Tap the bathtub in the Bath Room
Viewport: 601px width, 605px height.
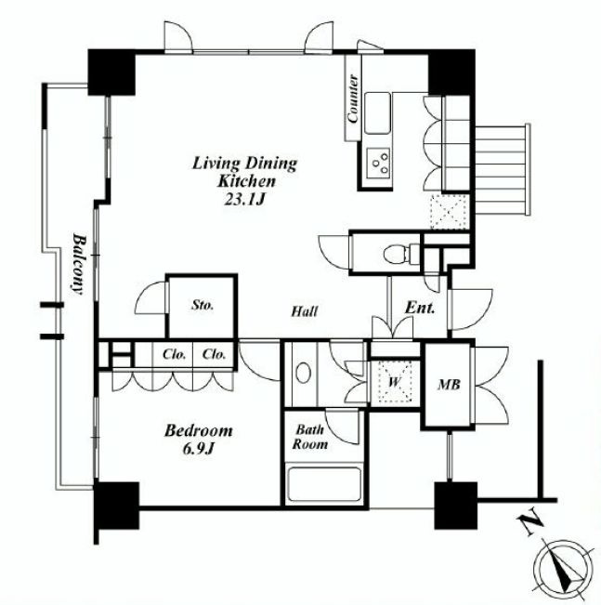(324, 484)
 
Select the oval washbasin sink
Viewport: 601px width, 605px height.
(303, 373)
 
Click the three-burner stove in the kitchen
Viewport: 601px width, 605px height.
(378, 163)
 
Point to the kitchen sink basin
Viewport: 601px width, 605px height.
(377, 112)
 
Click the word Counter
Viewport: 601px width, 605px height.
(352, 99)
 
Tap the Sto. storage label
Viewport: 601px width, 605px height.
(203, 305)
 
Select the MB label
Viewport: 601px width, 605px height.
(449, 385)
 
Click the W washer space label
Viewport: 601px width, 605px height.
(394, 382)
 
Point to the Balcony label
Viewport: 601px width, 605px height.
(78, 264)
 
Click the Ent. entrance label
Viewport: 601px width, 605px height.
(420, 308)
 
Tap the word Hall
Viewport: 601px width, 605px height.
(305, 311)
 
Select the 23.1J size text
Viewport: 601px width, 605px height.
(244, 199)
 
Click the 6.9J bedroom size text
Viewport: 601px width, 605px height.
(198, 449)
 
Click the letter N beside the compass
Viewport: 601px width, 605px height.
(530, 521)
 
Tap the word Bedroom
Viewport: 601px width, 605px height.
(198, 430)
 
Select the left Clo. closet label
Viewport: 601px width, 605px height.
(174, 354)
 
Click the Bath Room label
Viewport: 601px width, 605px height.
(309, 437)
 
